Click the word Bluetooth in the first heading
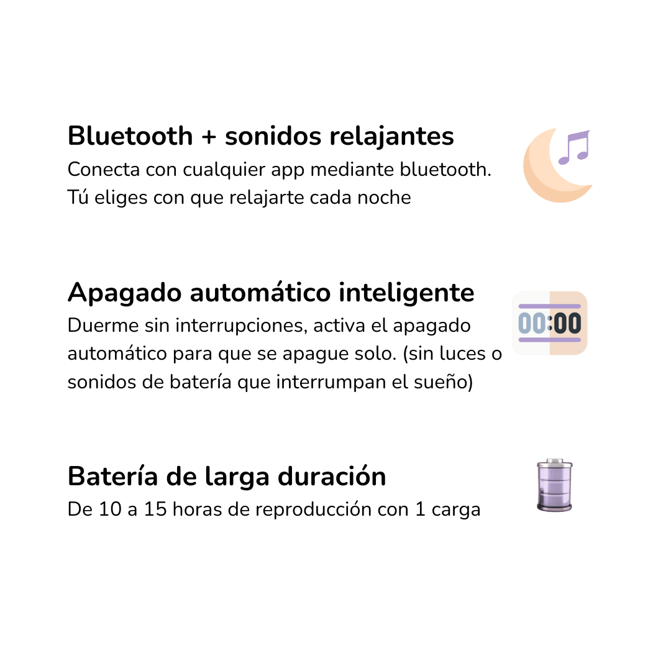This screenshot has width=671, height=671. [130, 136]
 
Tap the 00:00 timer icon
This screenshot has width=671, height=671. [549, 323]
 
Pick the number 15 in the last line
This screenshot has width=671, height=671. [155, 509]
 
